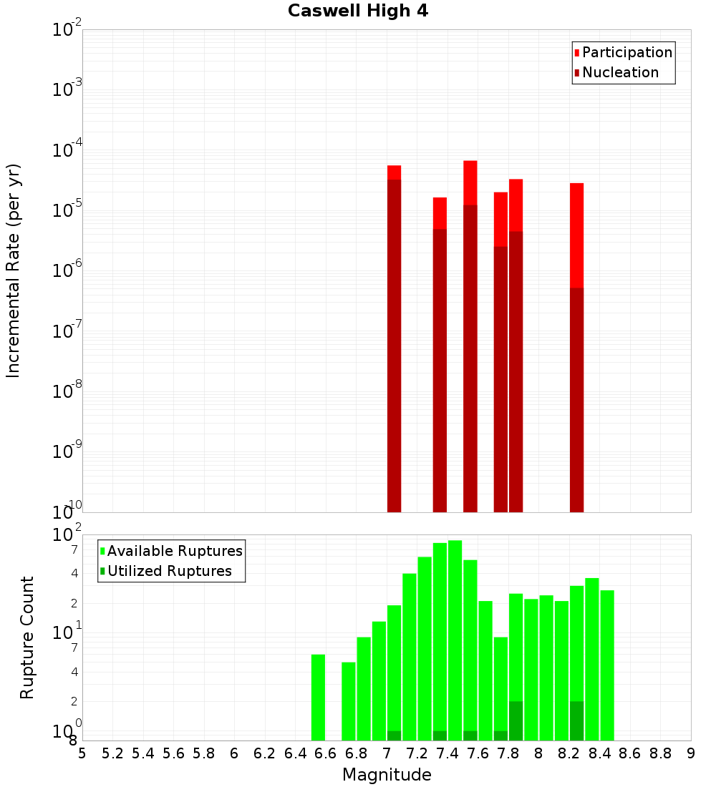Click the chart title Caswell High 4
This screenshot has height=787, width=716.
(358, 11)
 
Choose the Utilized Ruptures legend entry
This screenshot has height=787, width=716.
(169, 571)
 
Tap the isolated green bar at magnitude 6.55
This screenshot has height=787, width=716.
(319, 698)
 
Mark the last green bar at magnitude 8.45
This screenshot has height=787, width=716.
(607, 665)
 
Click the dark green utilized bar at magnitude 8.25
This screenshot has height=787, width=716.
(577, 721)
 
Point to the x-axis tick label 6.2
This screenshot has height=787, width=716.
(264, 753)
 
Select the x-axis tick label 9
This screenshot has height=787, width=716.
(690, 753)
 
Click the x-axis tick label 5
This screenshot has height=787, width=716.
(82, 753)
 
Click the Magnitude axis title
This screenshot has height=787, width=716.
(387, 775)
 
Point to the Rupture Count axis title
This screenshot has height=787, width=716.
(27, 637)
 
